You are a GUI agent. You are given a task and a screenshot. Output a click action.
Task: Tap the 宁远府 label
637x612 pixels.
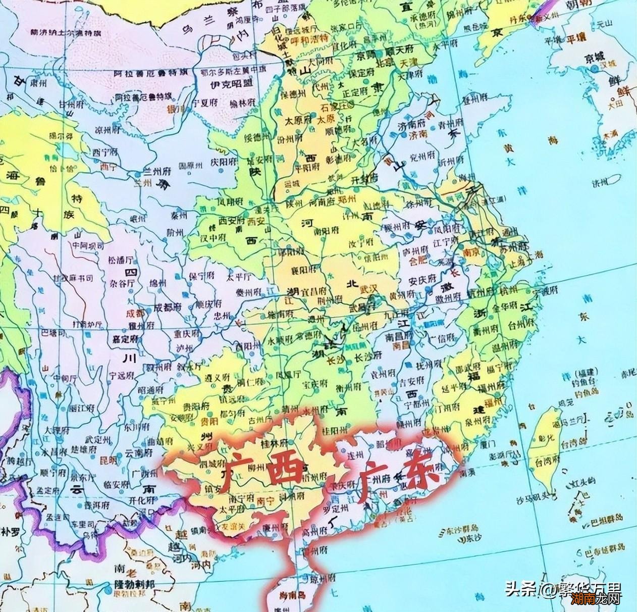point(121,375)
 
